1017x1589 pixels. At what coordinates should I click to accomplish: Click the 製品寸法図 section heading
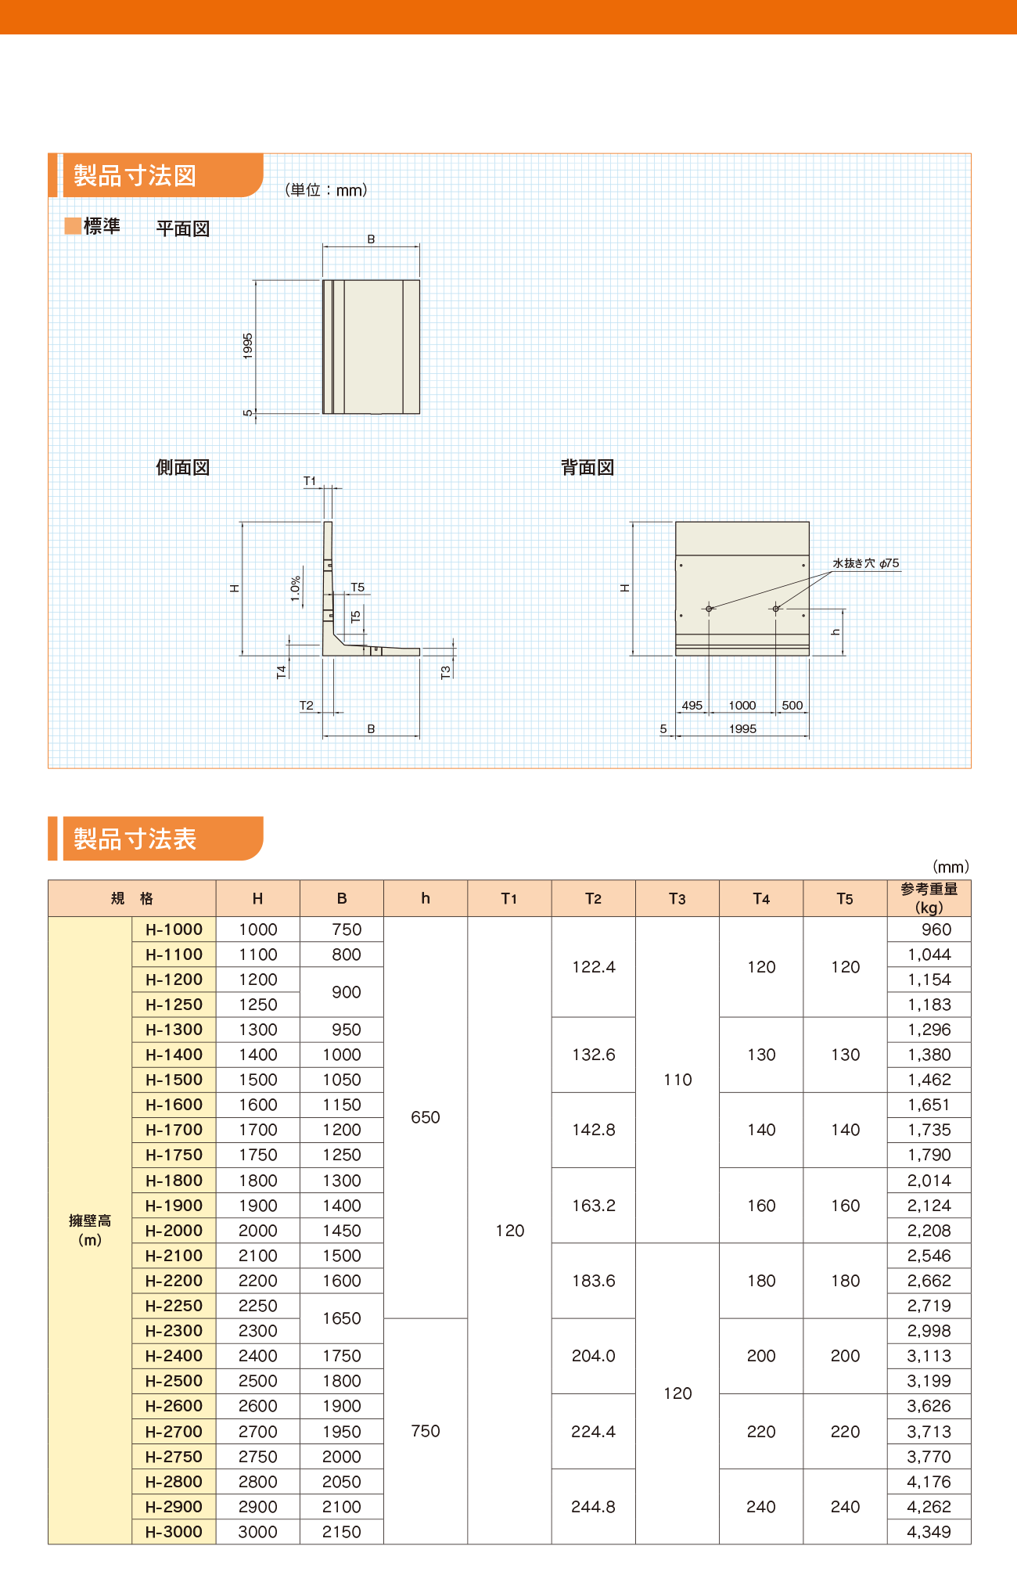click(135, 175)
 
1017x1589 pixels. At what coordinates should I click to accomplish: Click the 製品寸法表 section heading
click(135, 839)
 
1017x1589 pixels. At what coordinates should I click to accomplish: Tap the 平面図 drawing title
click(183, 228)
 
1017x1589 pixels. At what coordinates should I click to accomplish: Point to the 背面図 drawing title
click(588, 468)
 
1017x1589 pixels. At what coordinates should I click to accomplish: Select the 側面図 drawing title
click(183, 468)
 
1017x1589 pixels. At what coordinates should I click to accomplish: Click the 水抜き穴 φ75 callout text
click(865, 563)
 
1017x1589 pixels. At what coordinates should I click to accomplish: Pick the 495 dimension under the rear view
click(692, 705)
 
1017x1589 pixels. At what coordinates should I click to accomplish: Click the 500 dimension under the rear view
click(792, 705)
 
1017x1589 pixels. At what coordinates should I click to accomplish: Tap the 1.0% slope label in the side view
click(296, 588)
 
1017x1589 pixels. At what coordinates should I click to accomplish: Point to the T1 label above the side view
click(310, 481)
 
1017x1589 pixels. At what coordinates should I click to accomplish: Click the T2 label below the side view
click(307, 705)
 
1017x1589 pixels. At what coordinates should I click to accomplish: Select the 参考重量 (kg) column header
click(929, 898)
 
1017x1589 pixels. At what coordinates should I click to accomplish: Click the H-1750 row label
click(174, 1155)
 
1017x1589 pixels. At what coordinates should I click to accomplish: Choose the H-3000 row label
click(174, 1532)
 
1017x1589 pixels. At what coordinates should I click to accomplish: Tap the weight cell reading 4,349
click(929, 1532)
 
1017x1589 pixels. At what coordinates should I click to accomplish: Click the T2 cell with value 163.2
click(593, 1206)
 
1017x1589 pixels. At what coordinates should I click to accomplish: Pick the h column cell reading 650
click(426, 1117)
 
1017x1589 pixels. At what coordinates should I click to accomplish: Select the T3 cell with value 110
click(677, 1080)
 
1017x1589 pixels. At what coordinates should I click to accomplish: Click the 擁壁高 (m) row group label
click(90, 1230)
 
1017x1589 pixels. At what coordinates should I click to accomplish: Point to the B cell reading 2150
click(342, 1532)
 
